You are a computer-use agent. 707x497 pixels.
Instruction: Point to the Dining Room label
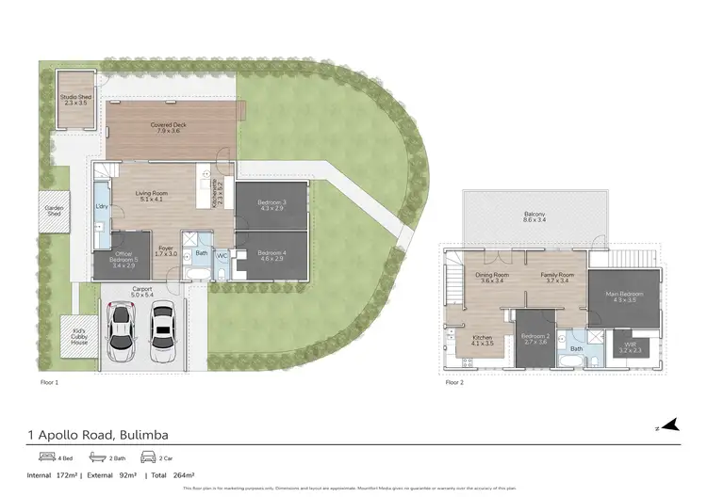pos(492,276)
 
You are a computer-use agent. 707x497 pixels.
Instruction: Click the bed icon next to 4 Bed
pos(36,457)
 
